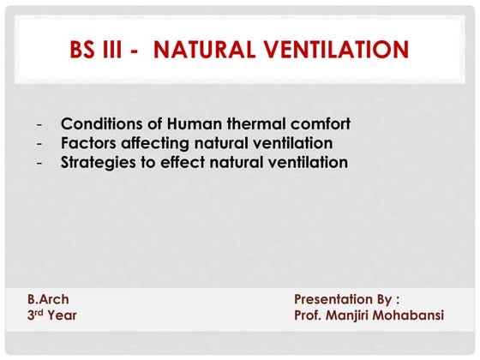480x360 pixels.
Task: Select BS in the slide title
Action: click(x=85, y=50)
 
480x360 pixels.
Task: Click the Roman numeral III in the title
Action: click(x=118, y=50)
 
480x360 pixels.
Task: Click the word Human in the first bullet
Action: click(x=199, y=123)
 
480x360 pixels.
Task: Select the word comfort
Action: click(x=319, y=123)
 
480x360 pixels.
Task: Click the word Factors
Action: click(x=87, y=143)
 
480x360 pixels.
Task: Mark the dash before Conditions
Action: click(x=39, y=124)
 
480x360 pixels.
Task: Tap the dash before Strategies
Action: click(x=39, y=163)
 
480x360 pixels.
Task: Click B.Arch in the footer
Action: click(x=48, y=299)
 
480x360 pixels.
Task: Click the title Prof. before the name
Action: click(x=309, y=315)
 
